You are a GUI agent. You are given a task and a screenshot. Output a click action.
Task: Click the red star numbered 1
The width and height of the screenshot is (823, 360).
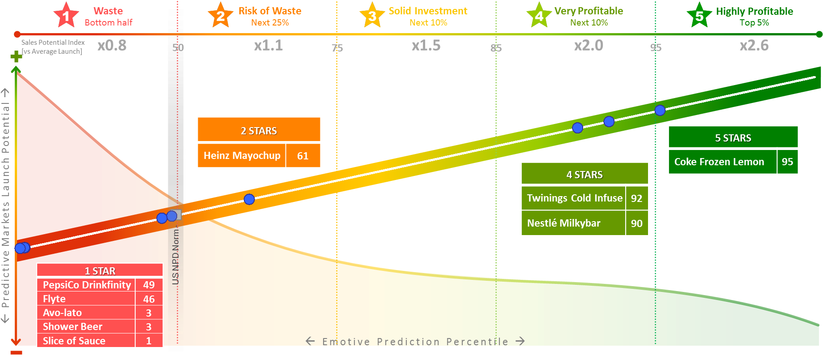[x=66, y=16]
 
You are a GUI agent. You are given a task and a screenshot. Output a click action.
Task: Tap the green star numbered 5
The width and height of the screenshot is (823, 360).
[x=699, y=16]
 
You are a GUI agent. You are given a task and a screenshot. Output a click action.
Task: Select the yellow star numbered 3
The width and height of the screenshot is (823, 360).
[x=372, y=16]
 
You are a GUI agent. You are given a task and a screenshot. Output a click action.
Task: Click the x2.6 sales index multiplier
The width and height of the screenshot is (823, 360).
[x=754, y=45]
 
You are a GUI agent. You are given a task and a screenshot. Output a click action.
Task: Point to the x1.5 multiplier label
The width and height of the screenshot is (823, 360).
[x=426, y=45]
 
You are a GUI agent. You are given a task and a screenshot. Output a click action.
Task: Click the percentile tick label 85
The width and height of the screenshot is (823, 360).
[x=496, y=48]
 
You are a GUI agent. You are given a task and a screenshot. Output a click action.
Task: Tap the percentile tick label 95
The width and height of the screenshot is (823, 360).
[x=656, y=47]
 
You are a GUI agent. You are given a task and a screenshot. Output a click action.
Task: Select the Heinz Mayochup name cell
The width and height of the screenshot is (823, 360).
[x=242, y=155]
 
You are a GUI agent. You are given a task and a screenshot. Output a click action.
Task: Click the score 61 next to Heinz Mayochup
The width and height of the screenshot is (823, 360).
[x=303, y=156]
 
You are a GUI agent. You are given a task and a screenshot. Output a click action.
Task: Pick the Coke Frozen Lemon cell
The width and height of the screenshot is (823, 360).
[x=722, y=162]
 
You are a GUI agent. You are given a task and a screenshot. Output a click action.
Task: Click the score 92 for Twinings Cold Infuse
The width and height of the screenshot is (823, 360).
[x=636, y=198]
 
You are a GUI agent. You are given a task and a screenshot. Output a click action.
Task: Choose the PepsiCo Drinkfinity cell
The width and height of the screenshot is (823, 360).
[x=86, y=285]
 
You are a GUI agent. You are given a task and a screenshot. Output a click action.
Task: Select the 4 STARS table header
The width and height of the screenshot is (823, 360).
[x=584, y=175]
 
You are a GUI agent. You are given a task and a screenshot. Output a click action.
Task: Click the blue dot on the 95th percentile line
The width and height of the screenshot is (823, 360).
[x=660, y=110]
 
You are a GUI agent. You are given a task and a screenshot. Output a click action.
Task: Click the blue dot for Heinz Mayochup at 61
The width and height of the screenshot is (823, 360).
[x=249, y=199]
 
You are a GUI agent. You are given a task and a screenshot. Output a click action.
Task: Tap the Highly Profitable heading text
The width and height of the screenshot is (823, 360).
[x=754, y=11]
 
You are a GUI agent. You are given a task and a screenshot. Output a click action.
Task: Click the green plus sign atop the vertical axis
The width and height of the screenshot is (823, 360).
[x=16, y=56]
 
